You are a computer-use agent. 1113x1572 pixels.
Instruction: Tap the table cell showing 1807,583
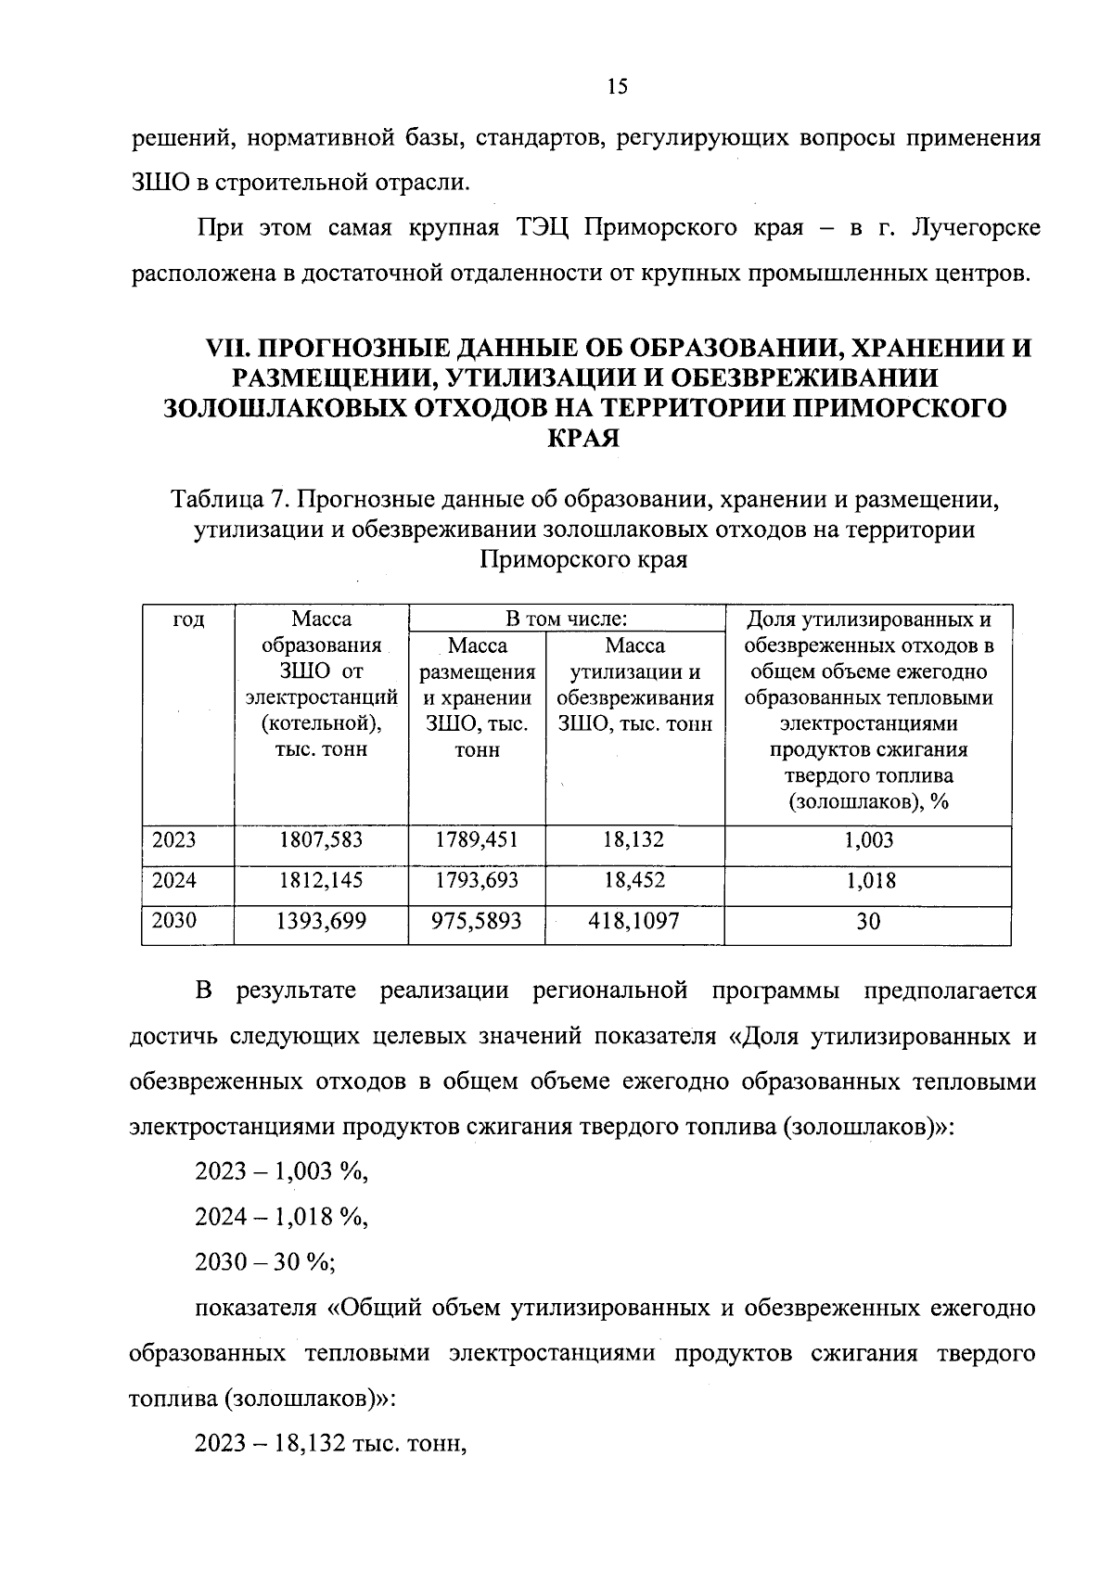321,840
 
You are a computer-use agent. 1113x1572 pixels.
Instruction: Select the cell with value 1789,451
477,840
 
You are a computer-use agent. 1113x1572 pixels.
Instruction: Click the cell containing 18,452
634,880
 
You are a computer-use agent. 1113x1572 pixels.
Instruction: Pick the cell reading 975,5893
477,920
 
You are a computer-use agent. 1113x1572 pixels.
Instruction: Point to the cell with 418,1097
634,920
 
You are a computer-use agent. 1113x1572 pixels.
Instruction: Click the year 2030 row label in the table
174,920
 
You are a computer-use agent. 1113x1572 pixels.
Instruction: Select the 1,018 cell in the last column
870,880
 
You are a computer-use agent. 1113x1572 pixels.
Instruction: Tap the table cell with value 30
868,921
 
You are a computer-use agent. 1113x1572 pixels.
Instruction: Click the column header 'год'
189,620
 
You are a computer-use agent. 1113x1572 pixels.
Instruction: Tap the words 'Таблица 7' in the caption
226,501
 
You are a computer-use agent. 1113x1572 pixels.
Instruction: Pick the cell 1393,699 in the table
321,920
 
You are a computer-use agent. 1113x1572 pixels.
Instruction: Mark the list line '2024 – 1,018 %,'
281,1217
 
